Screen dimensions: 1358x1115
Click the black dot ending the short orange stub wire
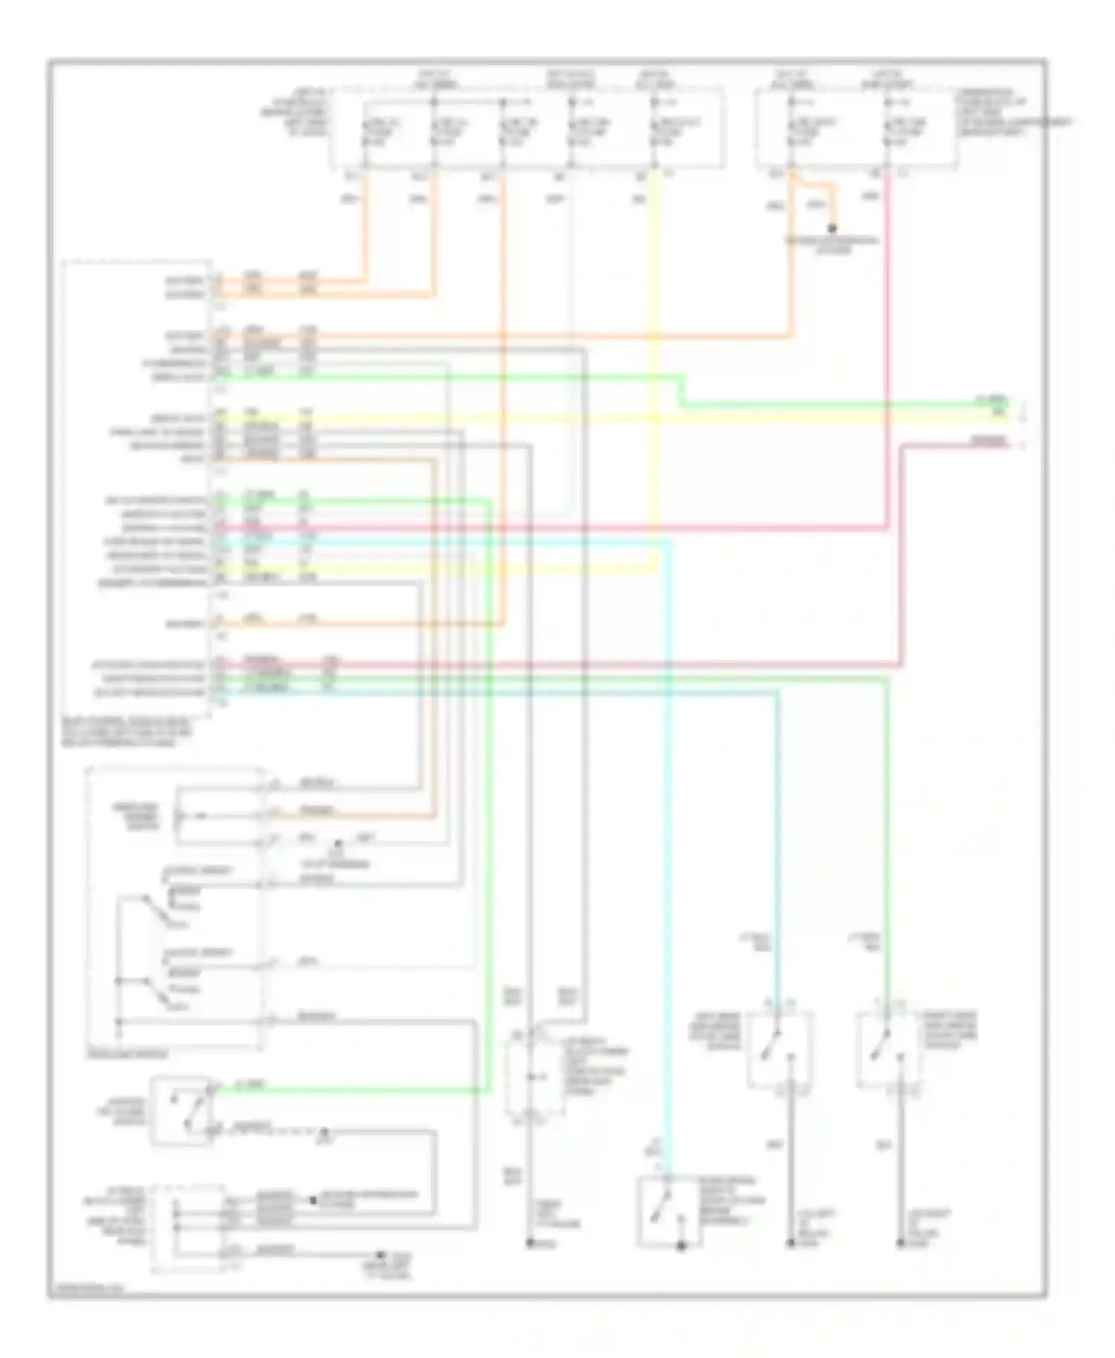click(833, 228)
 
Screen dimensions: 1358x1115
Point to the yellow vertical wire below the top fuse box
click(655, 334)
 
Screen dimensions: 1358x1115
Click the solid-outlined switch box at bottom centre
click(665, 1212)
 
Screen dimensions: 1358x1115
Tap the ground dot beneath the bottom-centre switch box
click(682, 1247)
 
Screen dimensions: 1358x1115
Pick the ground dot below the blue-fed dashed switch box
click(791, 1242)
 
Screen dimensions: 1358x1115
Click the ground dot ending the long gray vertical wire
click(529, 1242)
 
